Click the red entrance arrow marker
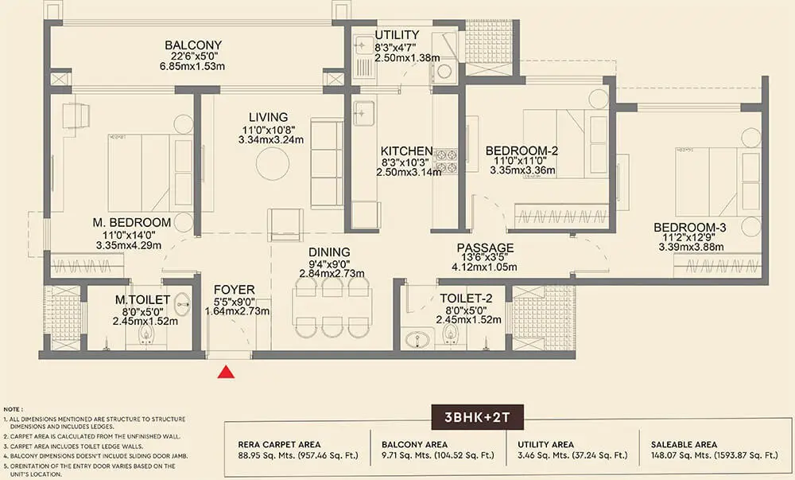pyautogui.click(x=227, y=372)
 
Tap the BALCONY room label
pyautogui.click(x=193, y=45)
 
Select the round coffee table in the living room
pyautogui.click(x=273, y=164)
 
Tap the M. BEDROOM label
pyautogui.click(x=132, y=221)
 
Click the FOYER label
pyautogui.click(x=235, y=289)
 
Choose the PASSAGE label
pyautogui.click(x=485, y=248)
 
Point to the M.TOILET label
pyautogui.click(x=145, y=300)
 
